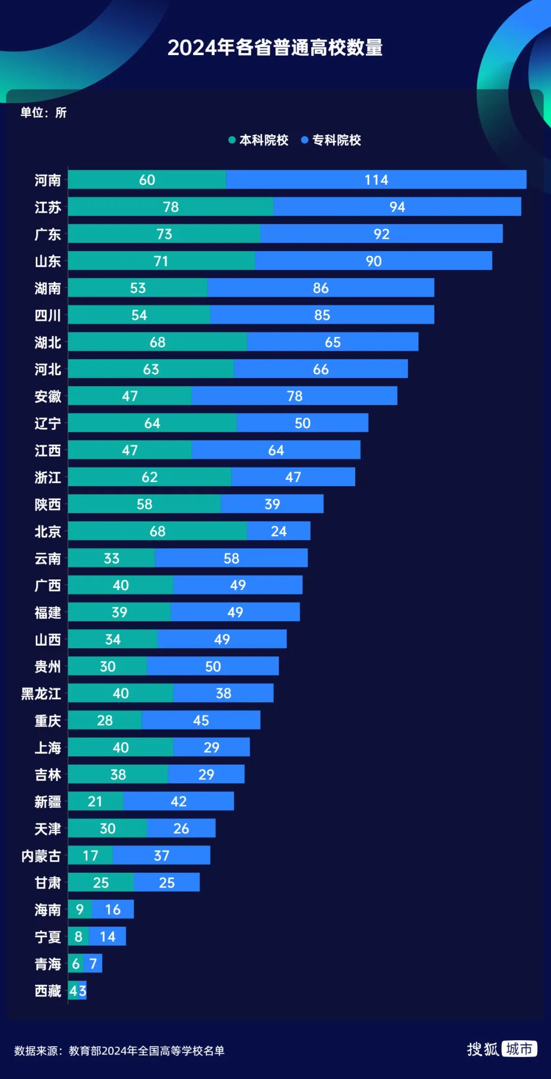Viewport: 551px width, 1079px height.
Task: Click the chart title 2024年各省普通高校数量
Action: (x=275, y=47)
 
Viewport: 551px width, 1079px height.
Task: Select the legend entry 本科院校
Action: (x=259, y=140)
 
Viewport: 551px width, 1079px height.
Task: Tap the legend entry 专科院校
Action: (x=331, y=140)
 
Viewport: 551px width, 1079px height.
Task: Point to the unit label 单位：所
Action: (x=43, y=112)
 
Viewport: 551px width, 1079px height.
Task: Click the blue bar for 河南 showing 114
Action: (x=376, y=180)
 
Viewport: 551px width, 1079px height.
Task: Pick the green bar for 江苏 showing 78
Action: (x=170, y=207)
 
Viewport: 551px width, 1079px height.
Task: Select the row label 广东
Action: (x=47, y=234)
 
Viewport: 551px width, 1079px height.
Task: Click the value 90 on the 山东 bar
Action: (x=373, y=261)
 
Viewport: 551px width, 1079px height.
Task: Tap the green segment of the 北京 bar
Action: (x=157, y=531)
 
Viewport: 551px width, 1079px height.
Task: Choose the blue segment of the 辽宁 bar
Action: (x=302, y=423)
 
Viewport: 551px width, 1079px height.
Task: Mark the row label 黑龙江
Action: (x=41, y=694)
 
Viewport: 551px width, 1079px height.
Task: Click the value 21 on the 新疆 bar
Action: (x=95, y=801)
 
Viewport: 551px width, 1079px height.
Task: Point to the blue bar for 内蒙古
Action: (x=161, y=855)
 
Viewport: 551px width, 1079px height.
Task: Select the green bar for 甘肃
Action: (x=101, y=882)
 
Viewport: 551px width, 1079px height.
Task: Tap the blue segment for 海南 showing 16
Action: (x=113, y=910)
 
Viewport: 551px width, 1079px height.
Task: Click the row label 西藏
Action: (x=47, y=991)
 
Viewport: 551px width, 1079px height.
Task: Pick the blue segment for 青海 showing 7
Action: (x=93, y=964)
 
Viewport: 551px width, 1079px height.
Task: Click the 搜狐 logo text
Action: (x=482, y=1049)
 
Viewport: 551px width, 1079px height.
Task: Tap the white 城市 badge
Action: (x=519, y=1049)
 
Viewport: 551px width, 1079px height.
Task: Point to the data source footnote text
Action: (x=119, y=1050)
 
